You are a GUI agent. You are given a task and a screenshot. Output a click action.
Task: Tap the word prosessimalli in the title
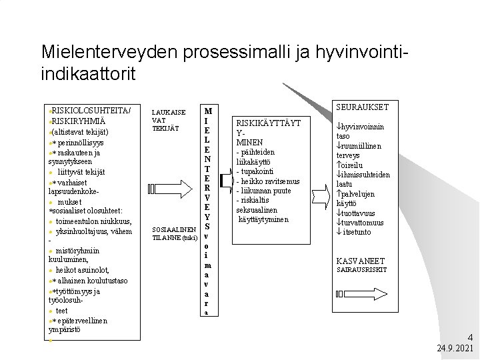click(x=222, y=52)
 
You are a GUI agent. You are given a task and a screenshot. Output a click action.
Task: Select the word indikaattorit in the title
click(x=87, y=73)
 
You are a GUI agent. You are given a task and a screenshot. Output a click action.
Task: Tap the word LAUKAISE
click(x=169, y=112)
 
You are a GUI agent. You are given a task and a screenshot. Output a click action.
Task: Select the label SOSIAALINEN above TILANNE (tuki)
click(x=173, y=229)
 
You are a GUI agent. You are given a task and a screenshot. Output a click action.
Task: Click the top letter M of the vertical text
click(x=208, y=111)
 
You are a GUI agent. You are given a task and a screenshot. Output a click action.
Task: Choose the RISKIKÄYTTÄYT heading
click(x=268, y=123)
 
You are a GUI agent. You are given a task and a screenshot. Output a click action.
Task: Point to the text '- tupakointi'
click(x=256, y=171)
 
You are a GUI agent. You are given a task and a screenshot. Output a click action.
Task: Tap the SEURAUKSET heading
click(x=362, y=107)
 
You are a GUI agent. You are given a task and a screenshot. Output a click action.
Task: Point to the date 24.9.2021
click(x=455, y=348)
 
